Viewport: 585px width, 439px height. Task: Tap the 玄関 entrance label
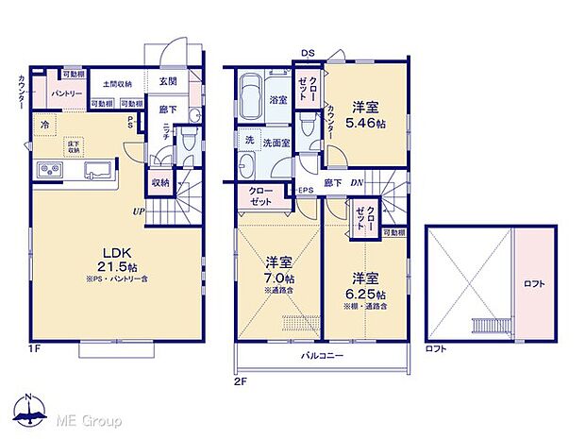(x=169, y=81)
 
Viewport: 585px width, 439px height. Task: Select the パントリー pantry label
(x=65, y=93)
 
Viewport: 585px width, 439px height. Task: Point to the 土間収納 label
(x=117, y=83)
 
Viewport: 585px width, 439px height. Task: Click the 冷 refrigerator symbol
(x=44, y=125)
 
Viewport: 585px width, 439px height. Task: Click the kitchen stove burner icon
(x=49, y=170)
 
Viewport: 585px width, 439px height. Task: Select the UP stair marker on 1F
(x=138, y=211)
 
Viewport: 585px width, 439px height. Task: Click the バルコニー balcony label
(x=323, y=356)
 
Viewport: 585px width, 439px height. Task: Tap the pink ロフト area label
(x=534, y=283)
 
